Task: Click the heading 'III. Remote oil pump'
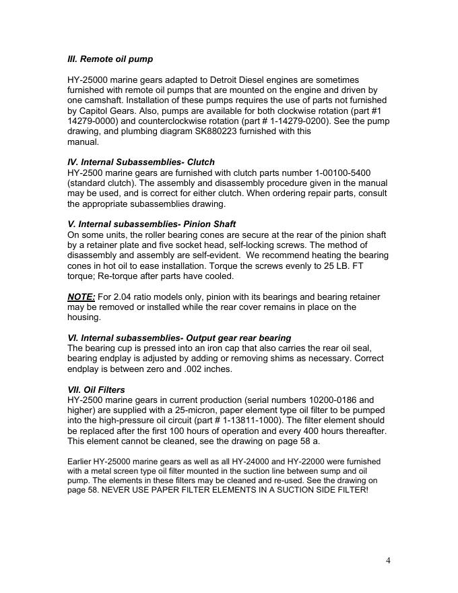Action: tap(110, 59)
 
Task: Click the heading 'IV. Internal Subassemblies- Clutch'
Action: tap(141, 162)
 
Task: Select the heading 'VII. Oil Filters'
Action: tap(96, 389)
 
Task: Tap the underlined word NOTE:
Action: tap(81, 296)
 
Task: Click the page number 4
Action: tap(388, 561)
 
